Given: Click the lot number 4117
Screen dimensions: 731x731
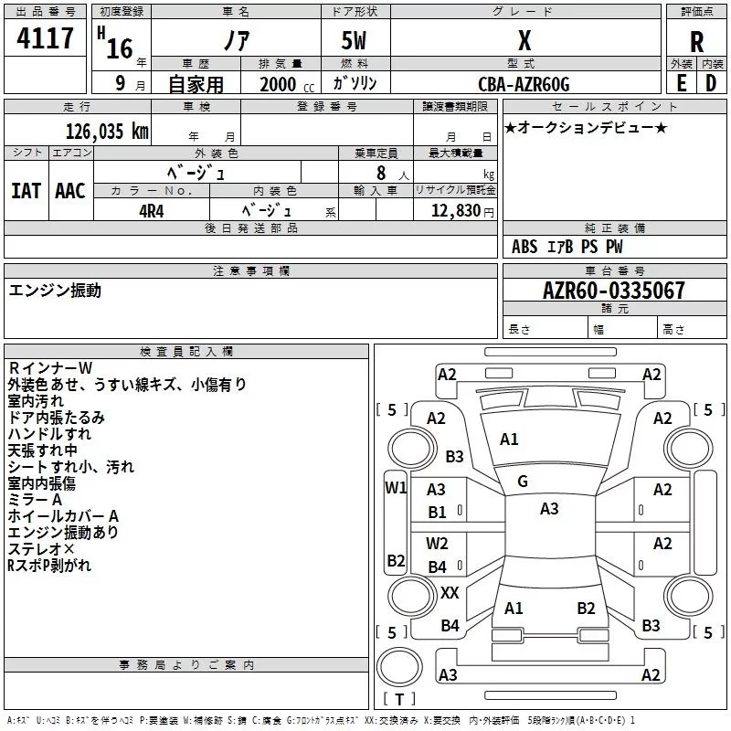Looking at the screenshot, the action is click(45, 38).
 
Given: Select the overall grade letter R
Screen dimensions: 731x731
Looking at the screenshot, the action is click(696, 42).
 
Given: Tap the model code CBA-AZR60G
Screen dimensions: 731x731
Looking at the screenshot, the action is click(524, 84).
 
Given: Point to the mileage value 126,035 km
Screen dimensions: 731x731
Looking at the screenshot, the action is click(107, 132).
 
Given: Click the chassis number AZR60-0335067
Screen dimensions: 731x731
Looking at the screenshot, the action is click(614, 291).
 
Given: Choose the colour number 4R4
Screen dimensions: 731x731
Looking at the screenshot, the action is click(152, 211).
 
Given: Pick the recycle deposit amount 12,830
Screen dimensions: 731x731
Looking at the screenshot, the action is click(455, 211).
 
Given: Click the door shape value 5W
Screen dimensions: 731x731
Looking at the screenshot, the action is click(354, 40).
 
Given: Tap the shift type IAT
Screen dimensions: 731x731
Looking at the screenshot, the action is click(26, 191).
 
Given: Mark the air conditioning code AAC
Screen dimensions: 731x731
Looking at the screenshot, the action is click(70, 191).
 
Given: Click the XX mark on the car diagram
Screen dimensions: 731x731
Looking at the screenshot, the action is click(450, 592).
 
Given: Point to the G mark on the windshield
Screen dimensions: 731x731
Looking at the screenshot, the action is click(523, 482).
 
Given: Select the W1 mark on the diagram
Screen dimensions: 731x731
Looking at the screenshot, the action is click(396, 488).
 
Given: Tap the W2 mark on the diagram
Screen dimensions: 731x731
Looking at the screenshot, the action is click(437, 543).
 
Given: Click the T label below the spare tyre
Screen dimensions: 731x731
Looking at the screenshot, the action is click(399, 699).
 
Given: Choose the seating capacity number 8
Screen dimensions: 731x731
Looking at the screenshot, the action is click(381, 173).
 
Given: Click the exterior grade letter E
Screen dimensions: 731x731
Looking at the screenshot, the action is click(681, 83).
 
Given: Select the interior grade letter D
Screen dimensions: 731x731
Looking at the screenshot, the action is click(711, 83).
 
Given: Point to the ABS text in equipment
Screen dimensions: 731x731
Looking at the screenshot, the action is click(524, 247).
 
